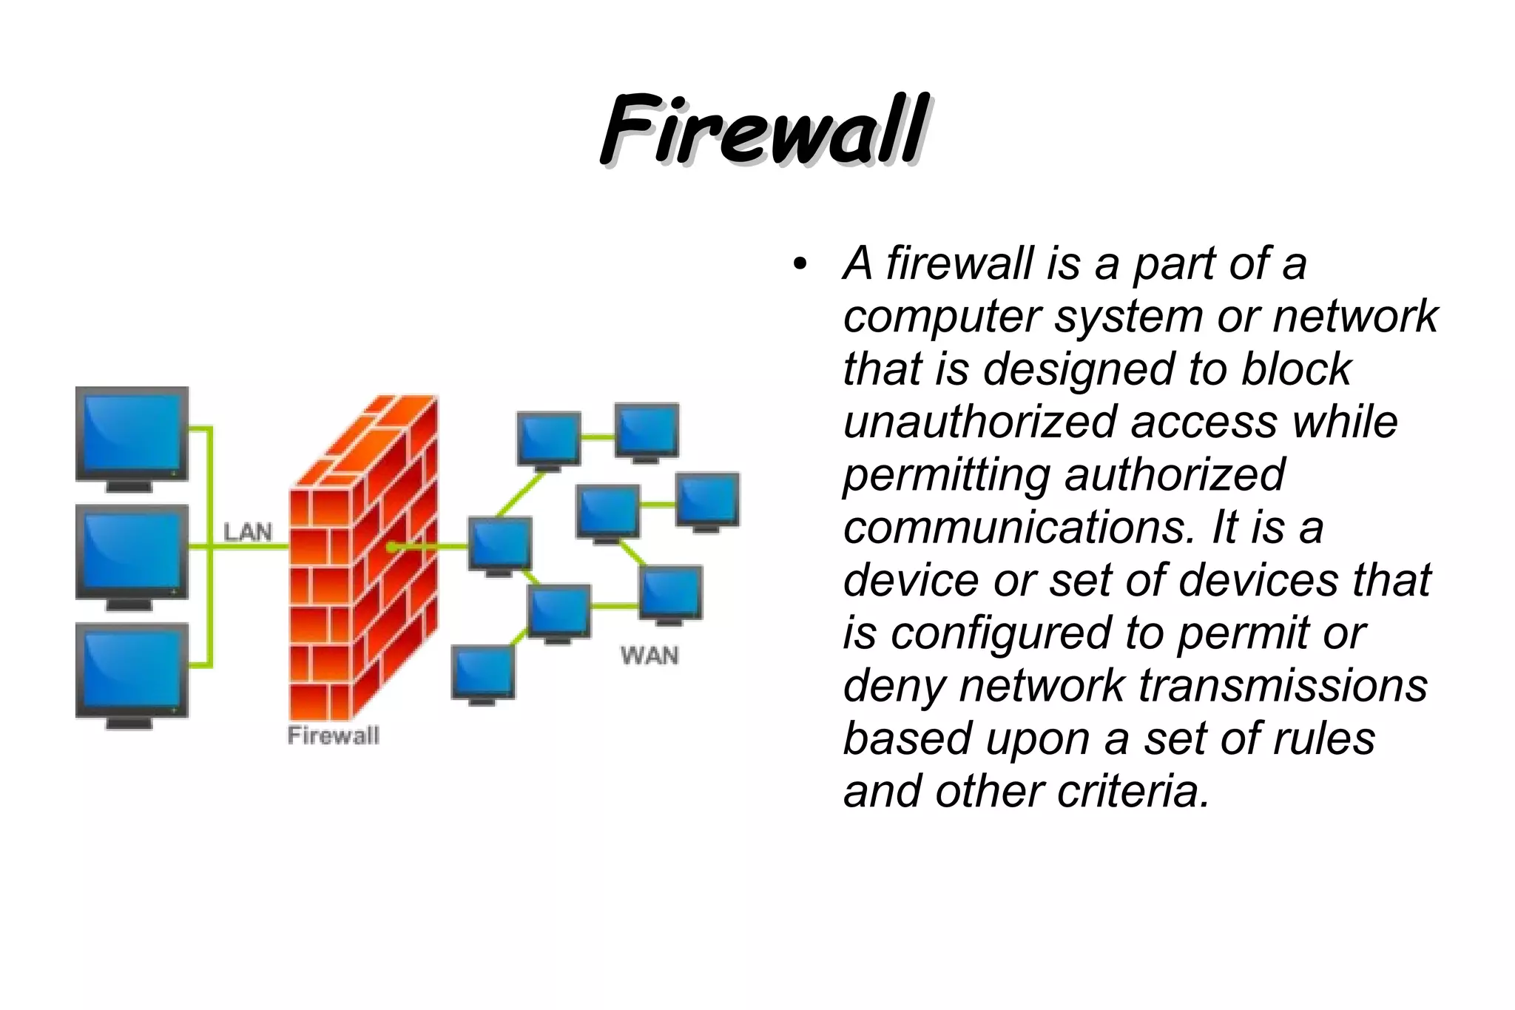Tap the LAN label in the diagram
pos(248,531)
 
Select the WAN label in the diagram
pos(649,655)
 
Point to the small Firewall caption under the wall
pos(333,735)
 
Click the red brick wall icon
pos(362,562)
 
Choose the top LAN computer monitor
pos(132,437)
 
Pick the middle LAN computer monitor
pos(132,555)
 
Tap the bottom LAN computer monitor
pos(132,673)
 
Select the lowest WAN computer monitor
pos(483,673)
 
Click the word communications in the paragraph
pos(1019,528)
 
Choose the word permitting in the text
pos(946,475)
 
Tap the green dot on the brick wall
pos(391,547)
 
